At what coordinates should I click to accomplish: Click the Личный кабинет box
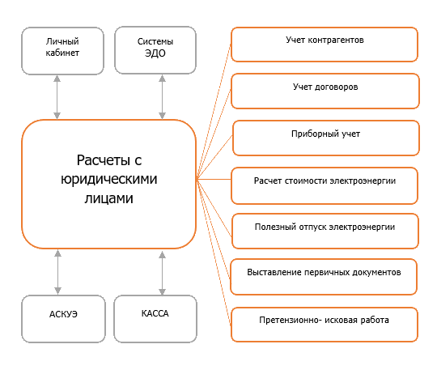[62, 51]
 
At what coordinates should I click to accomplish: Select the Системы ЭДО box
[155, 50]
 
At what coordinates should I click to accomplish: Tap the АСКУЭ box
[64, 319]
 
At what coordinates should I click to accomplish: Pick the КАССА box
[155, 319]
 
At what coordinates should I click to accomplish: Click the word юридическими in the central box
[109, 179]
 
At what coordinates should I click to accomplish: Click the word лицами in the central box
[109, 198]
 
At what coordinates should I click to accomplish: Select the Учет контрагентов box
[325, 45]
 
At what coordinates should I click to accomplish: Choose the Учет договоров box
[325, 91]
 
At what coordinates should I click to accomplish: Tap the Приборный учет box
[326, 138]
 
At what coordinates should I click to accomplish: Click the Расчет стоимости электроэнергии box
[325, 186]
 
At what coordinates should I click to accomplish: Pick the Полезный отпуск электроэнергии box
[325, 231]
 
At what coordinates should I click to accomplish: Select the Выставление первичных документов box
[324, 277]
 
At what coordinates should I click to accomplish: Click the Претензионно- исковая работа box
[325, 325]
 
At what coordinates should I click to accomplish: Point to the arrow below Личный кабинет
[57, 97]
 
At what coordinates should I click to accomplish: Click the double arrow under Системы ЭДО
[162, 97]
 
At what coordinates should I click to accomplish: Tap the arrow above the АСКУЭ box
[57, 272]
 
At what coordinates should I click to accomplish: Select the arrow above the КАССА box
[162, 273]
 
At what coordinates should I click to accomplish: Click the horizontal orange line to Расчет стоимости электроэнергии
[214, 179]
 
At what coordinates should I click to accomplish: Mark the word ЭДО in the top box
[155, 53]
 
